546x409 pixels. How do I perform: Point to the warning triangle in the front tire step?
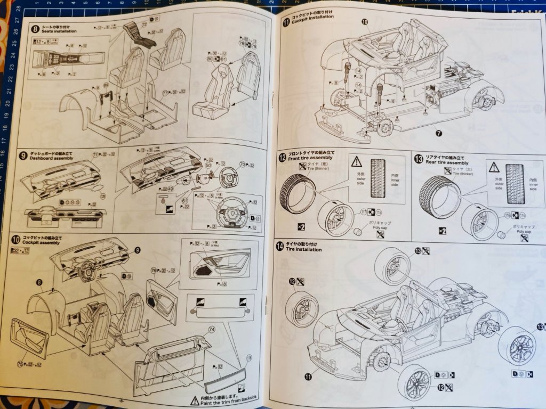coord(356,161)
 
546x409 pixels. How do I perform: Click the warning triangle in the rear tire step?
coord(494,166)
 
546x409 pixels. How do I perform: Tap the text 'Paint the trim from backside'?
coord(229,399)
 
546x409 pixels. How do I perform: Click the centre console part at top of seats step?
coord(140,36)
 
